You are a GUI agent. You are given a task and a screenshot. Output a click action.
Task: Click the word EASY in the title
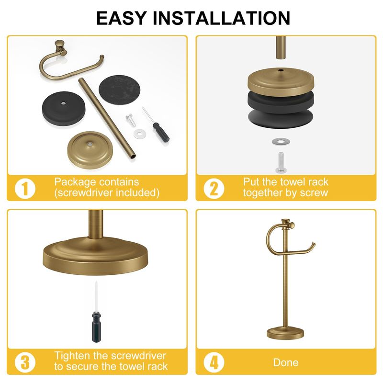pyautogui.click(x=122, y=18)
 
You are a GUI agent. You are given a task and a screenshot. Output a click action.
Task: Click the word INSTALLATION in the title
pyautogui.click(x=221, y=18)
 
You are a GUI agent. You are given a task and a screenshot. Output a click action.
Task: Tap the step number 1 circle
pyautogui.click(x=25, y=189)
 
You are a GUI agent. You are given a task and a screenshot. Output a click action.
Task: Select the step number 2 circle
pyautogui.click(x=214, y=189)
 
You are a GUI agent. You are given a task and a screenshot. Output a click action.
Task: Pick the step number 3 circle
pyautogui.click(x=25, y=362)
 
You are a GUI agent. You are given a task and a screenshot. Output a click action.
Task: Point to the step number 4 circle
pyautogui.click(x=214, y=362)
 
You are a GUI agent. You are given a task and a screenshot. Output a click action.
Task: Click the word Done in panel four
pyautogui.click(x=286, y=362)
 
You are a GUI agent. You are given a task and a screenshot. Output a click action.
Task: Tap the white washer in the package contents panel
pyautogui.click(x=139, y=134)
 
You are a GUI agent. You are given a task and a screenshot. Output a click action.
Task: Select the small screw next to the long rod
pyautogui.click(x=130, y=120)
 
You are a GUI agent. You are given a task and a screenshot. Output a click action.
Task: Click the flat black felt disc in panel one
pyautogui.click(x=119, y=90)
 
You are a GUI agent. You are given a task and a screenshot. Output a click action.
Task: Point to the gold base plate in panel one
pyautogui.click(x=90, y=150)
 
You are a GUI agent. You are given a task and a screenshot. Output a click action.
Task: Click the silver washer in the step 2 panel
pyautogui.click(x=281, y=141)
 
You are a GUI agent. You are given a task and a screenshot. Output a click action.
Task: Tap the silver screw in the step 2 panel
pyautogui.click(x=281, y=162)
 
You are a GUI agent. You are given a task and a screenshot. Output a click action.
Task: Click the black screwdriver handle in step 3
pyautogui.click(x=96, y=327)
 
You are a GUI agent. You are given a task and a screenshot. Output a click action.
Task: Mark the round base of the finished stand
pyautogui.click(x=285, y=333)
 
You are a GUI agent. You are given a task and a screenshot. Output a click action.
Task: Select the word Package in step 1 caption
pyautogui.click(x=75, y=182)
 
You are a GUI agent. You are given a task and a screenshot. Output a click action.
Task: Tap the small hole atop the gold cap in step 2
pyautogui.click(x=281, y=70)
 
